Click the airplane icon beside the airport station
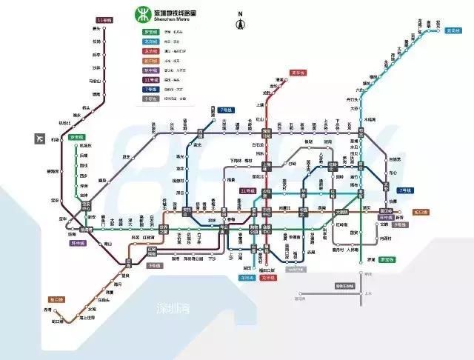click(x=39, y=139)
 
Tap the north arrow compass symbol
click(x=240, y=22)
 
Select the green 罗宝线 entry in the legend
click(x=150, y=33)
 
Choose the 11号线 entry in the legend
click(x=150, y=79)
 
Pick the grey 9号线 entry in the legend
click(x=150, y=99)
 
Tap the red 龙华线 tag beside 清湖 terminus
click(x=298, y=73)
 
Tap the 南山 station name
click(x=108, y=244)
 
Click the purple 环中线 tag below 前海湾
click(x=78, y=242)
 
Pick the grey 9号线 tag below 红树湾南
click(x=153, y=264)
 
